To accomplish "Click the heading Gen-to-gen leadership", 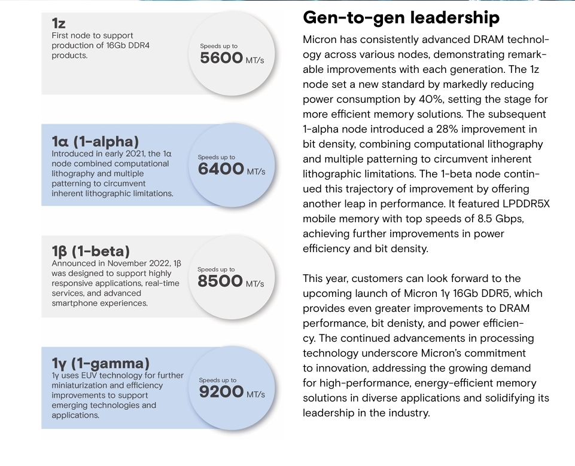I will (401, 18).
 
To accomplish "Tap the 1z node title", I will (58, 23).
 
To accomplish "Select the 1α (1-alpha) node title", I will (95, 142).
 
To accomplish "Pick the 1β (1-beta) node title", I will (90, 251).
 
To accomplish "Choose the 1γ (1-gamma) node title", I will (101, 363).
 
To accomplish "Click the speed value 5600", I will (221, 57).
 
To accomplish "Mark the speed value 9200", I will (221, 393).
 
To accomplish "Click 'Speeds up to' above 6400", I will (216, 158).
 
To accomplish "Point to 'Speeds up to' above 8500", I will (216, 269).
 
